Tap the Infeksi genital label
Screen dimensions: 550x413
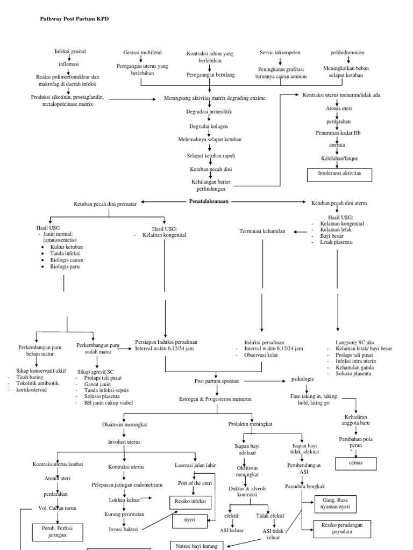tap(70, 52)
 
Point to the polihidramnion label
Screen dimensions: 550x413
tap(347, 53)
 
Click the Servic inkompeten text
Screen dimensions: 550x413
tap(280, 53)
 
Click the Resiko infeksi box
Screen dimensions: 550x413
tap(191, 503)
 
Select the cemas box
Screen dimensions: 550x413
tap(356, 462)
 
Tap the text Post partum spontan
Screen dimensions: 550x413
tap(216, 381)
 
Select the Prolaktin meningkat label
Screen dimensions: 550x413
tap(250, 424)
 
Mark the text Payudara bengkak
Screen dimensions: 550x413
tap(304, 486)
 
